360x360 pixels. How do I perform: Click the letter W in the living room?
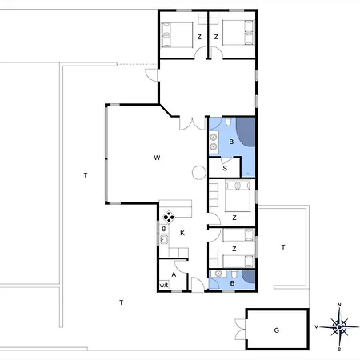[157, 158]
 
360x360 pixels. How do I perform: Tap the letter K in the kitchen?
[182, 233]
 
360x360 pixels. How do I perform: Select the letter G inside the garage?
[277, 330]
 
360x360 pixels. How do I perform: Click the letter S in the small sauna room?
[225, 168]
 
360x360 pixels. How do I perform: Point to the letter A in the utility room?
[174, 274]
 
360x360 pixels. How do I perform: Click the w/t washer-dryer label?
[164, 285]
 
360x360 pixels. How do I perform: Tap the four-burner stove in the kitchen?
[169, 218]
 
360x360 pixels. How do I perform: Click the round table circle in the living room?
[199, 173]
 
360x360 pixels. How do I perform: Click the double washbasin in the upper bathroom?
[214, 142]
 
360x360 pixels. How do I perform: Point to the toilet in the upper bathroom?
[229, 122]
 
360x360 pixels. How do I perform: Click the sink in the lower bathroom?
[218, 274]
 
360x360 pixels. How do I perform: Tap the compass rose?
[339, 327]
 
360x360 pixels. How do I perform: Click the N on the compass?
[339, 305]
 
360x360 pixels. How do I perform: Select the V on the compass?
[317, 326]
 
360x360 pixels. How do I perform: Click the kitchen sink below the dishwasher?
[164, 239]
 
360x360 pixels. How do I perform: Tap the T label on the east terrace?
[283, 247]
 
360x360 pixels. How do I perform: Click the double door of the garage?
[241, 330]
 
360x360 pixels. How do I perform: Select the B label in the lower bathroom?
[232, 283]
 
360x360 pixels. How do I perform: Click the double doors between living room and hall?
[192, 123]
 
